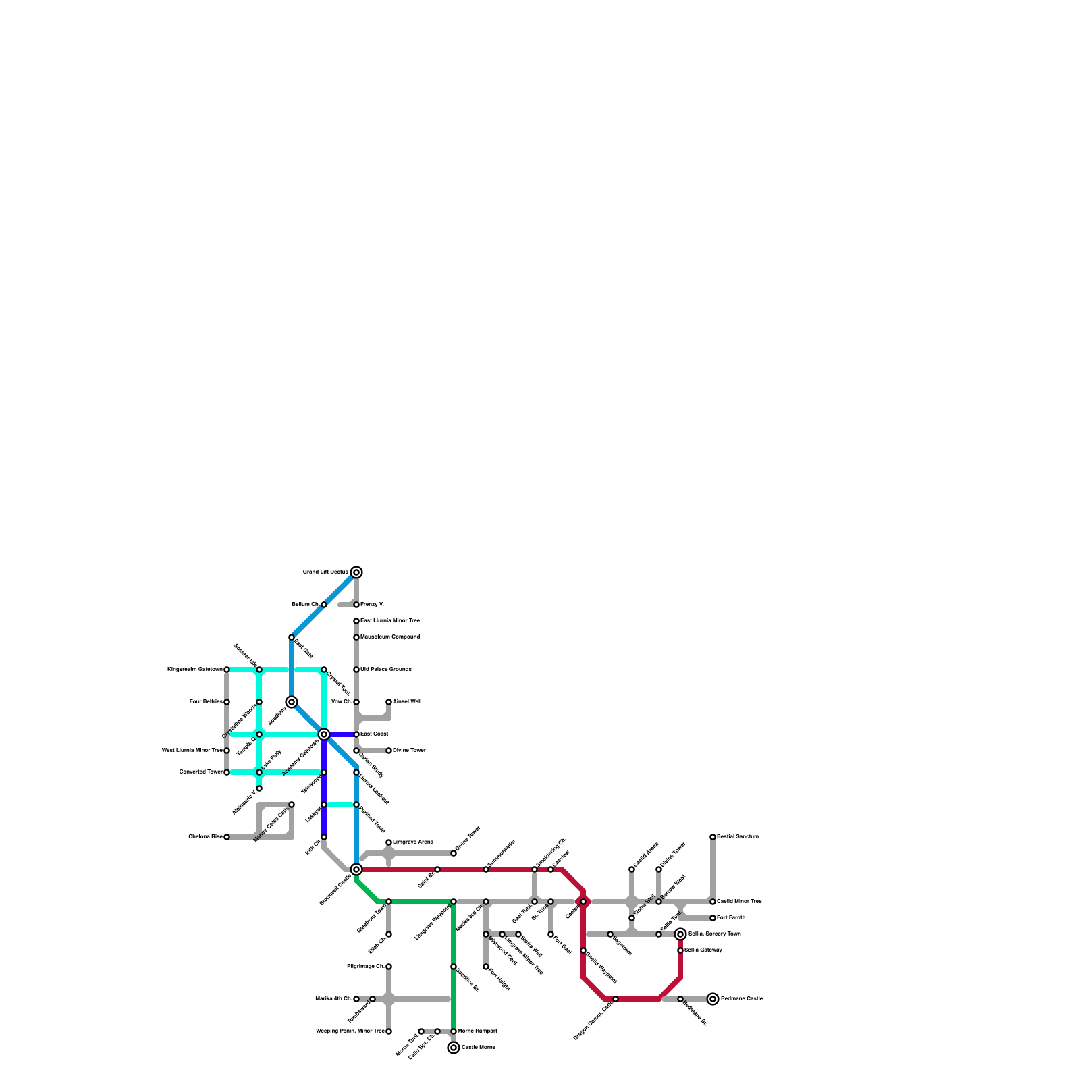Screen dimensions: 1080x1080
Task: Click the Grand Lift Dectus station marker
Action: coord(356,572)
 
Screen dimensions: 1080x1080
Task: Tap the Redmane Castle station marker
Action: coord(713,999)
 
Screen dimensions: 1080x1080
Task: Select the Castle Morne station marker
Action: coord(454,1048)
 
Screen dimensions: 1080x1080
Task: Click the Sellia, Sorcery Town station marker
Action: coord(680,934)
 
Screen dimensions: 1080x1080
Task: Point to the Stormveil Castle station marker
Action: coord(356,869)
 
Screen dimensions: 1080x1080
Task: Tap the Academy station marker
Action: coord(292,702)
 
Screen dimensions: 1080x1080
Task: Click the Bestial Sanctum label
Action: coord(738,837)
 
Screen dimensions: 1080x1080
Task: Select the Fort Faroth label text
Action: coord(731,918)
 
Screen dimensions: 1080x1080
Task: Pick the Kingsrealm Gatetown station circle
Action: coord(227,670)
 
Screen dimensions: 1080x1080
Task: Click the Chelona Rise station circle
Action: coord(227,837)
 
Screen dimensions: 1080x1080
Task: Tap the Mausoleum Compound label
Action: coord(389,637)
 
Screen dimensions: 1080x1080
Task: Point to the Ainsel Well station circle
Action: coord(389,702)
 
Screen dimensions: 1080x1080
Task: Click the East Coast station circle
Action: coord(356,734)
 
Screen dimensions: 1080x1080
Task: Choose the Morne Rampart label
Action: coord(477,1031)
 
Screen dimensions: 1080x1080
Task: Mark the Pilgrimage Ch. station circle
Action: coord(389,967)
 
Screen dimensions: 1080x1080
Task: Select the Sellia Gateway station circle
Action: coord(680,950)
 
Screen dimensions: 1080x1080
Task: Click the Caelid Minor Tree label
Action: coord(739,902)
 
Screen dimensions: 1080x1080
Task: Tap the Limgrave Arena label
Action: coord(413,842)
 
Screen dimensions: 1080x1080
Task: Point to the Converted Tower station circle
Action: coord(227,772)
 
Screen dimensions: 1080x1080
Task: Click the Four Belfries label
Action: coord(206,702)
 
